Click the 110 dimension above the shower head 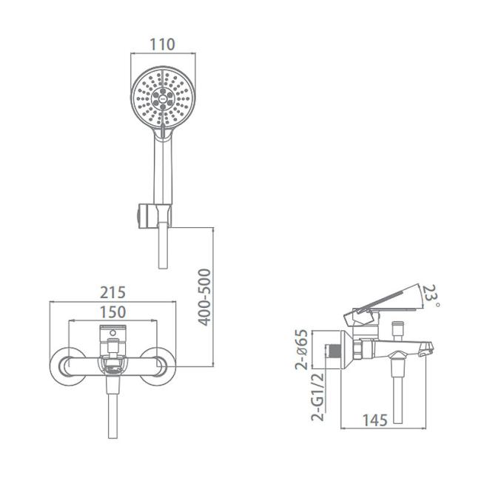point(162,44)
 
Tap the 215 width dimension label point(113,292)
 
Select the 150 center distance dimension point(113,312)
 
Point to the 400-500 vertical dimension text point(204,297)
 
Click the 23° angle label point(431,295)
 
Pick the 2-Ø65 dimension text point(301,349)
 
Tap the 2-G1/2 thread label point(317,397)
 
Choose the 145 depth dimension point(375,420)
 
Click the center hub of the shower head point(163,99)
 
